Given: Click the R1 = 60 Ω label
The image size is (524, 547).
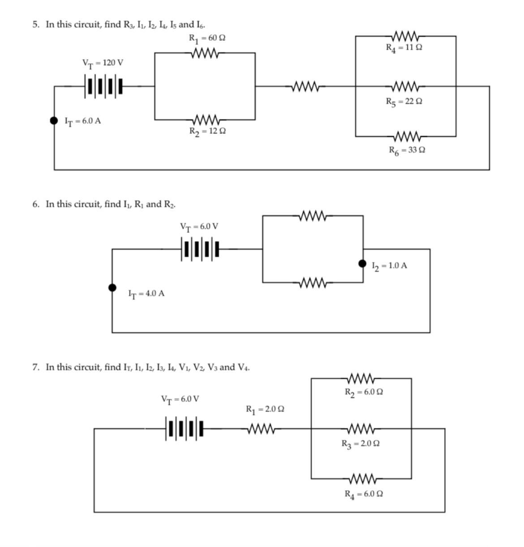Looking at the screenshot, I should (x=207, y=38).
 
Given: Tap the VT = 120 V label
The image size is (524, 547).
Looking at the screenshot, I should (x=103, y=63).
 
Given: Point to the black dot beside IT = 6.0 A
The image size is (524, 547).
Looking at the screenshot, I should (x=54, y=120).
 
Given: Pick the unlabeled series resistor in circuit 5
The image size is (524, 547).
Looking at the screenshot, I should (x=305, y=86).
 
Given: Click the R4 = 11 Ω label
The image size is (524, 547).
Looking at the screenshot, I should (x=404, y=47).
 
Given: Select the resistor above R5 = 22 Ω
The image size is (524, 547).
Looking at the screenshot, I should (x=406, y=86).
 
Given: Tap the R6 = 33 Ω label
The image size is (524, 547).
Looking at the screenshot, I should (x=407, y=150).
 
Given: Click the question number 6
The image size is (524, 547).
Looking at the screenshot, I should (x=35, y=204).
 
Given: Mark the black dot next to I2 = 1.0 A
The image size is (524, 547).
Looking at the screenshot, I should (x=363, y=264).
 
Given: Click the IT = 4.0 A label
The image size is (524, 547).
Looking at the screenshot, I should (x=146, y=294).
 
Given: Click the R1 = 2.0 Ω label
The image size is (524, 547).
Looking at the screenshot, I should (x=265, y=409).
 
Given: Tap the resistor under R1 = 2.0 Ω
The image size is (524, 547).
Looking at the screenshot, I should (x=262, y=429).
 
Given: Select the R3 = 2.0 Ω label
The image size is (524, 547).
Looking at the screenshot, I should (x=361, y=444).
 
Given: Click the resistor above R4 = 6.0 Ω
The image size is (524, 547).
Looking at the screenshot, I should (x=364, y=478).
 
